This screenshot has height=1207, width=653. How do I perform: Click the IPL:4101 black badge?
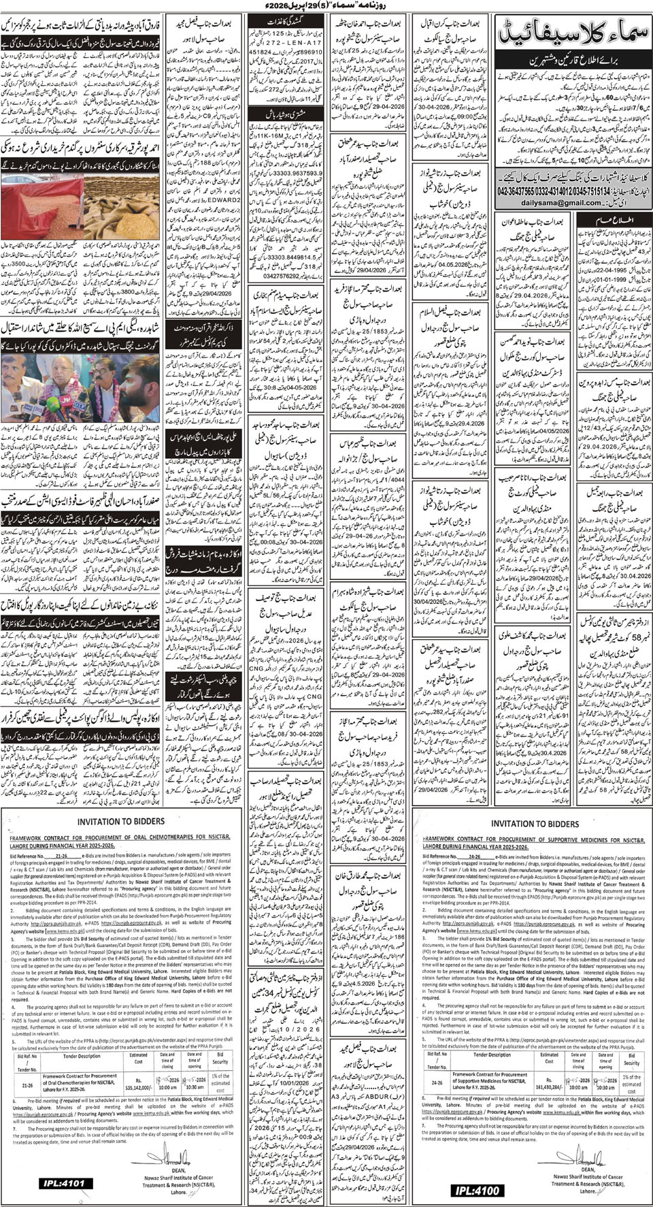coord(62,1184)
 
